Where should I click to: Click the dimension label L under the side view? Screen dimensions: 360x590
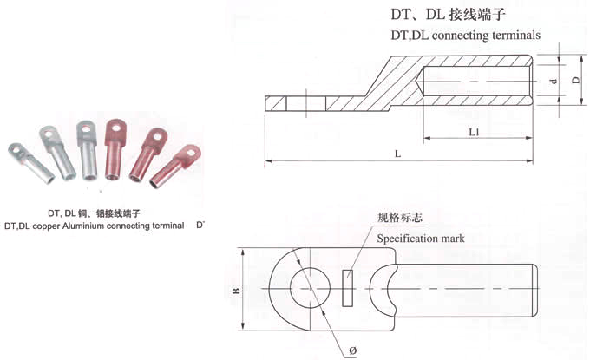pyautogui.click(x=397, y=153)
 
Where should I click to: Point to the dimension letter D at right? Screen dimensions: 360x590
pyautogui.click(x=575, y=80)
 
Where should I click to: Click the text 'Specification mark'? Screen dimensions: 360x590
pyautogui.click(x=422, y=238)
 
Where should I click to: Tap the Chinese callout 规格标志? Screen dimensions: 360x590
pyautogui.click(x=400, y=217)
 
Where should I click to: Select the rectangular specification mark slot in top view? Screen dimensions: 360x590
pyautogui.click(x=348, y=289)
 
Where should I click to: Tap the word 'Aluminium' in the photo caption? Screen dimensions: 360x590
pyautogui.click(x=95, y=226)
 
